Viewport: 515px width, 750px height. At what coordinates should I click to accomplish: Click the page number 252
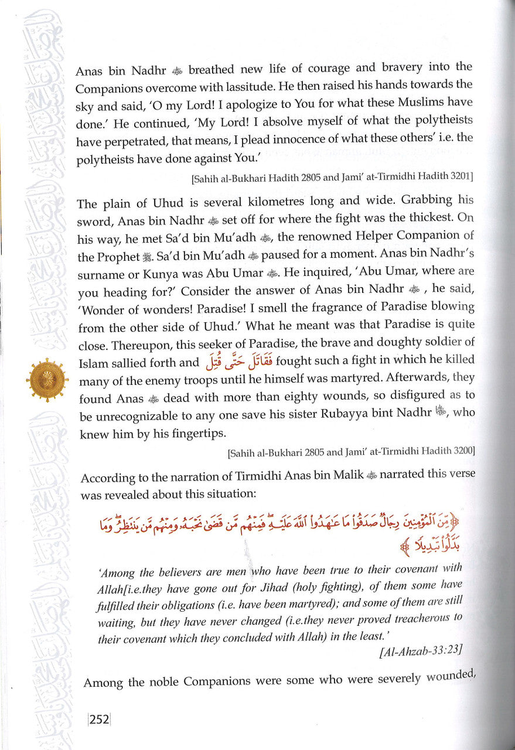click(98, 720)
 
